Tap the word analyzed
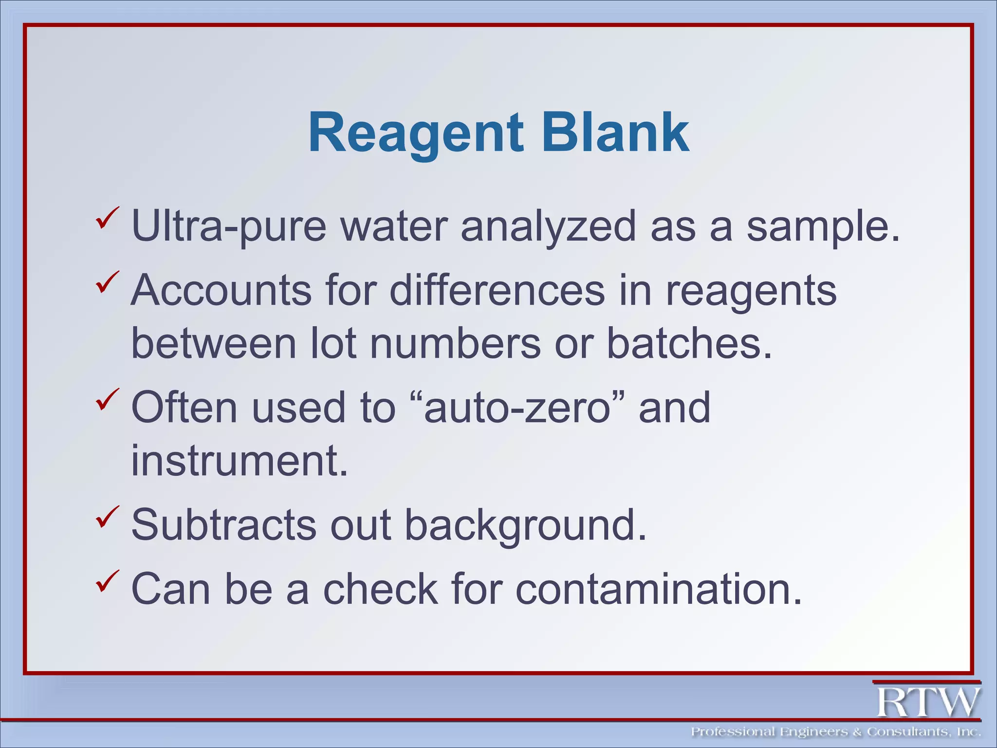pos(548,226)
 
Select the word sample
pos(823,226)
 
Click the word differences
pos(497,290)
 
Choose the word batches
pos(689,343)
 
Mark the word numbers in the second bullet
pos(455,343)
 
